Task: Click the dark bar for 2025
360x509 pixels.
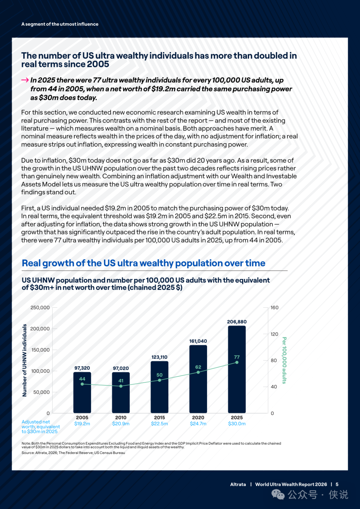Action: (x=237, y=369)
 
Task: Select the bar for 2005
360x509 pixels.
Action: (x=82, y=392)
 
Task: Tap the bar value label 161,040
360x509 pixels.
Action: (x=198, y=341)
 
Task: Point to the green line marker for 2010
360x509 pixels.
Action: (x=121, y=386)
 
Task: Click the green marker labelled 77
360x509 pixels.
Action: (x=237, y=362)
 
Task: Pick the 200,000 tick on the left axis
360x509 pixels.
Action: (x=40, y=329)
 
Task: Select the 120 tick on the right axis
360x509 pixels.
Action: (x=274, y=334)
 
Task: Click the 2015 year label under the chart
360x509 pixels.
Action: (x=159, y=417)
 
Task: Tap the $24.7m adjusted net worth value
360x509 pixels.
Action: (x=198, y=424)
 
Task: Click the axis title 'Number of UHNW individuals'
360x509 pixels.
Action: (x=24, y=360)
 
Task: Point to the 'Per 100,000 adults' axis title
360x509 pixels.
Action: (x=284, y=360)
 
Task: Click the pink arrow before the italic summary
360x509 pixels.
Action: (x=25, y=80)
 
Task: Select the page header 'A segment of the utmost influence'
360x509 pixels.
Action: (x=60, y=24)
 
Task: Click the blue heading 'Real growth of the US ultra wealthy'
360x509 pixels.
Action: (x=143, y=263)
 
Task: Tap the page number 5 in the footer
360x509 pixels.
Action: (x=337, y=484)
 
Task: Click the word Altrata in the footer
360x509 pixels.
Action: (x=238, y=484)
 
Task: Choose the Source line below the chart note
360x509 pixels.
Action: (x=73, y=453)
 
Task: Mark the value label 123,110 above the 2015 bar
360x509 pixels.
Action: (x=159, y=357)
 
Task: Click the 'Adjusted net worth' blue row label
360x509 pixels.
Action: (x=41, y=427)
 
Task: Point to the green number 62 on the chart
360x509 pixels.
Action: (x=198, y=367)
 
